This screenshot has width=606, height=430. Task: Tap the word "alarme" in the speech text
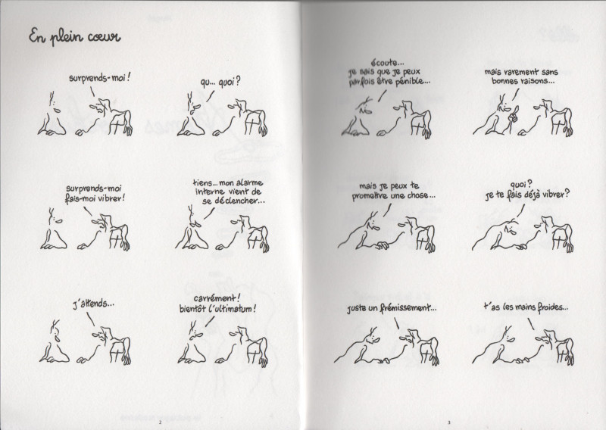(250, 182)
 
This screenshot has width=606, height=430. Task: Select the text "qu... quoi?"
(220, 83)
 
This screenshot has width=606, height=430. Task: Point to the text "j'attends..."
(93, 304)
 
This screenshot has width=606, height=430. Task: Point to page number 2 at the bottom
(159, 422)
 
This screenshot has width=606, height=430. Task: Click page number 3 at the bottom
(448, 422)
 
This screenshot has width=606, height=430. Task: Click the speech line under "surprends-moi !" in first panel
(92, 91)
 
